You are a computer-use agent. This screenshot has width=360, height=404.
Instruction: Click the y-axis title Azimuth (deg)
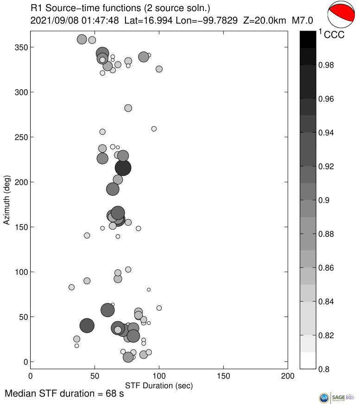[x=6, y=200]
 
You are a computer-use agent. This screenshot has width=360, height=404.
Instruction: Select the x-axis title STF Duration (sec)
[x=159, y=385]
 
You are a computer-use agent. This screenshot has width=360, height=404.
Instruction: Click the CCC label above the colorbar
[x=334, y=35]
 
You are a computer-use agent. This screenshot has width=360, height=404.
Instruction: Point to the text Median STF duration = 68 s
[x=64, y=394]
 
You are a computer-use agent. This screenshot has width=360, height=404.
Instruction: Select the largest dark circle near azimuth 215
[x=123, y=168]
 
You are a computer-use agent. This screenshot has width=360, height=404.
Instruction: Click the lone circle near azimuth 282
[x=128, y=108]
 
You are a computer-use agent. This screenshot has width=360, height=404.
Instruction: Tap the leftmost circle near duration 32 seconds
[x=71, y=287]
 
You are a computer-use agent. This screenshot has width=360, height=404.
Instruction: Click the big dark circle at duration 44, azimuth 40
[x=87, y=326]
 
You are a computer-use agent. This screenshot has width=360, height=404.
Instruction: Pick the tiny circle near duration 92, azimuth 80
[x=149, y=290]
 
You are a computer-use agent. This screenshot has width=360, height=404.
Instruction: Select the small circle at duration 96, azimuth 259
[x=154, y=129]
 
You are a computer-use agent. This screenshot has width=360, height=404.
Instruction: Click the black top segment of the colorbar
[x=308, y=39]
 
